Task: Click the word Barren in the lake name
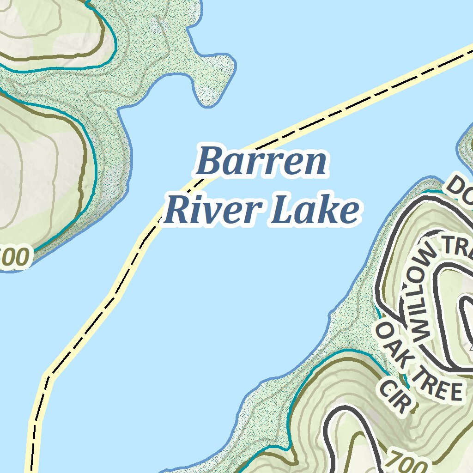pyautogui.click(x=262, y=162)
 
